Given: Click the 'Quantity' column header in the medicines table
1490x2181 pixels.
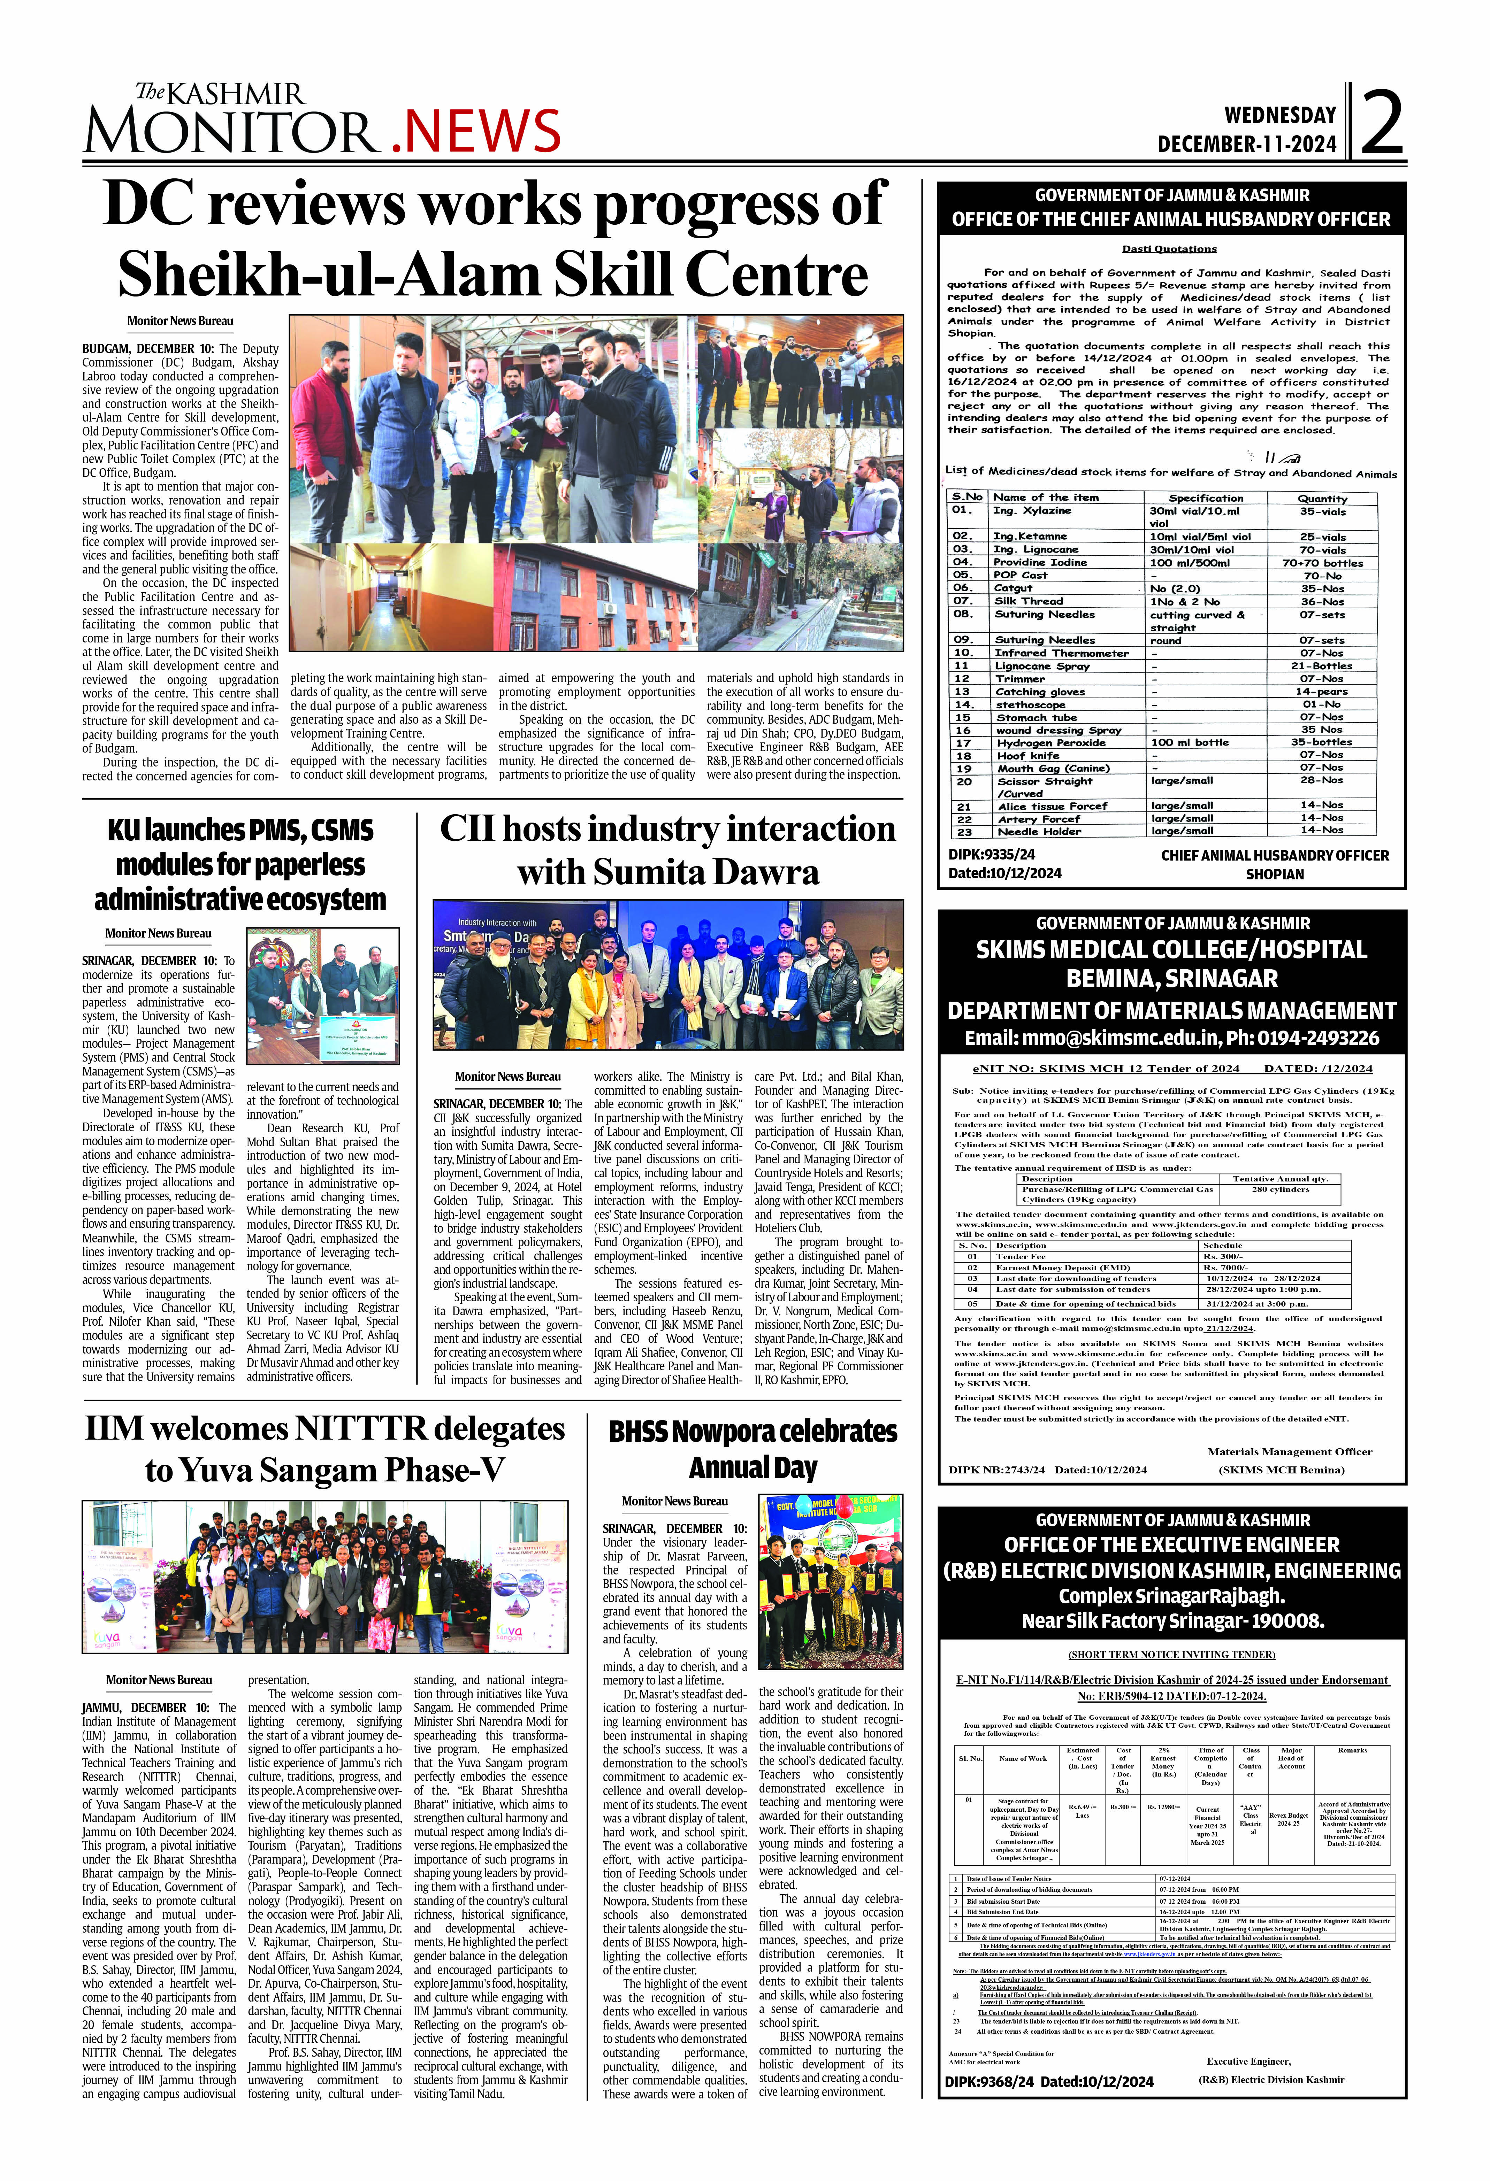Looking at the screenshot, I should (x=1322, y=498).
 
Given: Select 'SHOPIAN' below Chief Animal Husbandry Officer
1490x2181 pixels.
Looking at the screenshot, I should (x=1274, y=874).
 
